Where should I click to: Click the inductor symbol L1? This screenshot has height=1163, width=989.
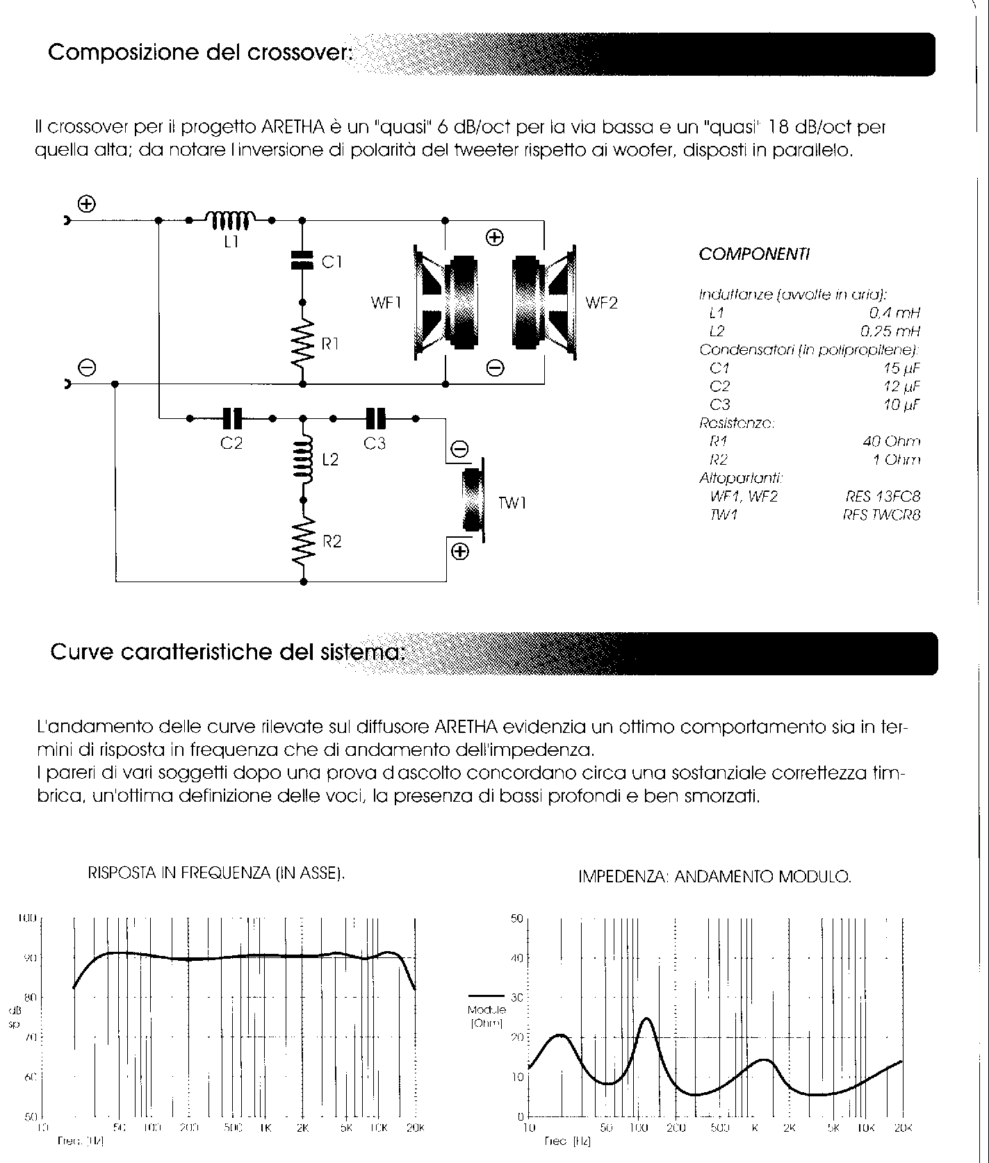tap(231, 220)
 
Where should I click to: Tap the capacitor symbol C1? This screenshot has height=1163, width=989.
tap(302, 261)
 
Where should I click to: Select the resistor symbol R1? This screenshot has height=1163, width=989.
tap(302, 344)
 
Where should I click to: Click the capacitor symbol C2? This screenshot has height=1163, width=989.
tap(231, 418)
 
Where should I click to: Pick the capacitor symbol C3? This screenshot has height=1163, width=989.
tap(375, 418)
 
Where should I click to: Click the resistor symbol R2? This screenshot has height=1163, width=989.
tap(303, 541)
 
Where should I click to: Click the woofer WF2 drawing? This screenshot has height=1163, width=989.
tap(544, 303)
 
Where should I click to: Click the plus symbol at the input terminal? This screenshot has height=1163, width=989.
tap(87, 204)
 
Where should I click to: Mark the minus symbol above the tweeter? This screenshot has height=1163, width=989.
tap(459, 449)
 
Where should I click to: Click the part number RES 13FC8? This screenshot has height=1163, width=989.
tap(883, 496)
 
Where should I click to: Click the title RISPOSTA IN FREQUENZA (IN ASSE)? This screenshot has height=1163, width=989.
tap(216, 873)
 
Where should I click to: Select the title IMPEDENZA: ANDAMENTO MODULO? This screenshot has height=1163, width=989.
tap(714, 877)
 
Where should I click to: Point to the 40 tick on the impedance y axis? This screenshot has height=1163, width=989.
tap(516, 958)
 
